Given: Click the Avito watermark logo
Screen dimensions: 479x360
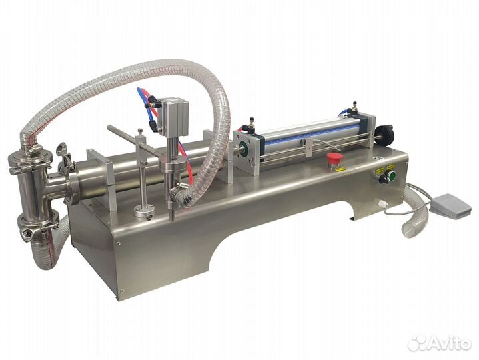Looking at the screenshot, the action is [x=439, y=343].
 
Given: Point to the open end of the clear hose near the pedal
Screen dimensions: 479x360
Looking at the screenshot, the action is [x=408, y=227].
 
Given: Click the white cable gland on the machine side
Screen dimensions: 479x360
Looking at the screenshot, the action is [x=382, y=204].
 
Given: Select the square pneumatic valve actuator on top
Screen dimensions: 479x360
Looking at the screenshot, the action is [x=175, y=117].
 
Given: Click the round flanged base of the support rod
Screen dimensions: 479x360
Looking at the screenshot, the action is [x=144, y=211].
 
